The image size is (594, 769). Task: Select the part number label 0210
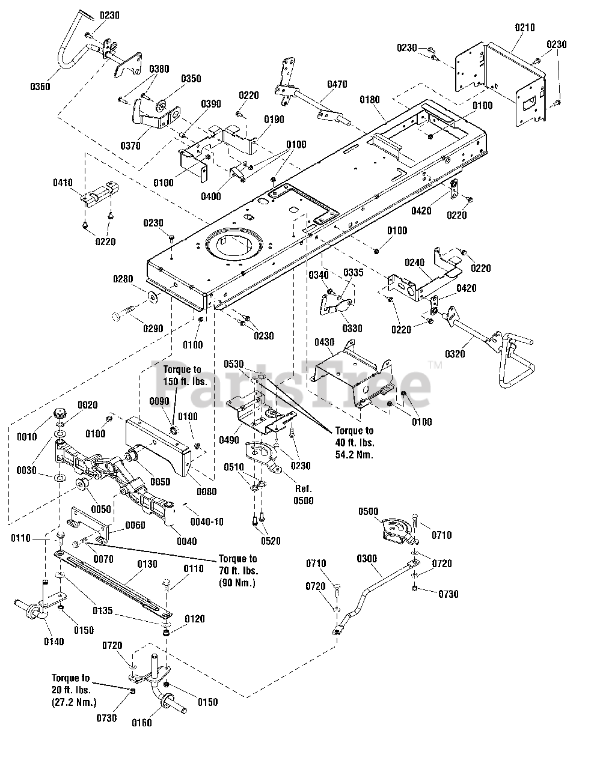tap(525, 28)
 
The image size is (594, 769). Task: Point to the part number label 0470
tap(337, 85)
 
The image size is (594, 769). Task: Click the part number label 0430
tap(325, 342)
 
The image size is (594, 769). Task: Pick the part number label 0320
tap(455, 354)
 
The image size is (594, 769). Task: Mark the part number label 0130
tap(147, 564)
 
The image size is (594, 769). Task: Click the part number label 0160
tap(142, 723)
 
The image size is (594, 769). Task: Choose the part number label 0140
tap(54, 642)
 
